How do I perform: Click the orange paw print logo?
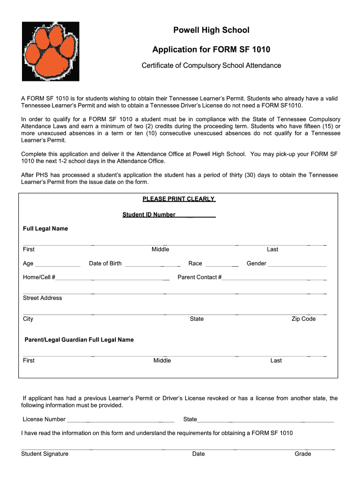click(x=50, y=52)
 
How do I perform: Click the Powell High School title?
click(x=211, y=30)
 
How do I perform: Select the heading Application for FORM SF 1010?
click(x=211, y=50)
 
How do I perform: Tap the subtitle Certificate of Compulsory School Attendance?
click(x=211, y=65)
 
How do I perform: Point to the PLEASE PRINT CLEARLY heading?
click(x=179, y=199)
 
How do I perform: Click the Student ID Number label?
click(x=149, y=215)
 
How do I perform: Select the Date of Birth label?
click(x=105, y=263)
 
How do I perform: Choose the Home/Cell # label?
click(x=39, y=277)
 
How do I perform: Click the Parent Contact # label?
click(x=200, y=277)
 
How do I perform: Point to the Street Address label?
click(x=43, y=298)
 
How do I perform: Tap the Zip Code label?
click(x=303, y=319)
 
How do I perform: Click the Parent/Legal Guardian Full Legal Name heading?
click(x=79, y=340)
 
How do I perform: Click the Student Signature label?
click(x=45, y=454)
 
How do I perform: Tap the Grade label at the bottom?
click(x=302, y=454)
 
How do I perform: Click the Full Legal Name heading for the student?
click(x=46, y=229)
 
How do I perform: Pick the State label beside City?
click(x=196, y=319)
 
